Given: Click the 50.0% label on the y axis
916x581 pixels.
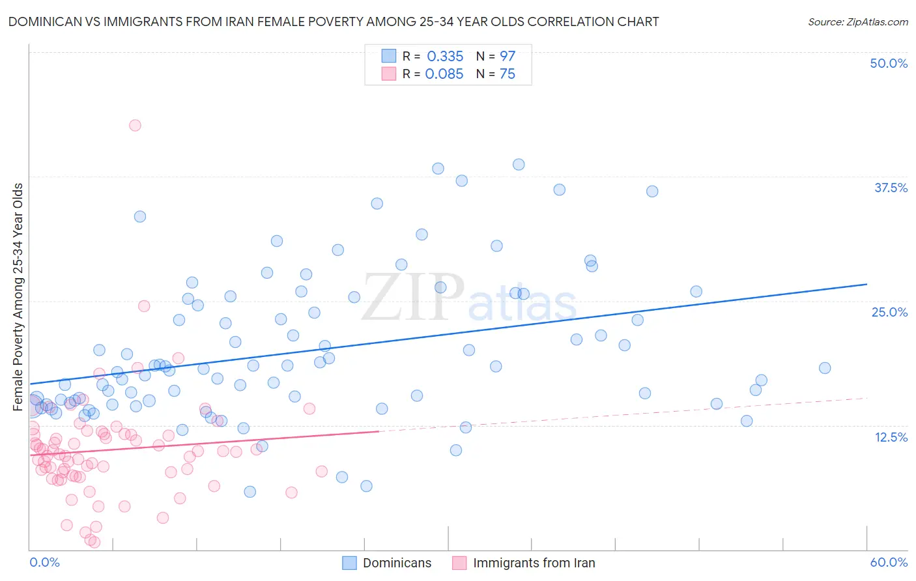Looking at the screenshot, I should pos(888,64).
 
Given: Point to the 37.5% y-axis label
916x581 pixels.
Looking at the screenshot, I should pos(890,188).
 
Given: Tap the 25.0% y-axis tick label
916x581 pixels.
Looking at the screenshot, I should pos(889,313).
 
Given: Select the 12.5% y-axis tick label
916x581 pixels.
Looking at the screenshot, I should pos(891,437).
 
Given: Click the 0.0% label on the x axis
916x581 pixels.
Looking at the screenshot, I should pos(44,562).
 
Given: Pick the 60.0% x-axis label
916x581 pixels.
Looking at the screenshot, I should pos(888,562).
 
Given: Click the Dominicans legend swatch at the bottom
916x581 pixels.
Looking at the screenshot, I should pos(349,563).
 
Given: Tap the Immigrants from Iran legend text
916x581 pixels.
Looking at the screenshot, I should pos(534,563).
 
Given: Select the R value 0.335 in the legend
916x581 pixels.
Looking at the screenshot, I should pos(445,57).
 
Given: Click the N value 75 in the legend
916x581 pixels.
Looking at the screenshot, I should pos(507,74).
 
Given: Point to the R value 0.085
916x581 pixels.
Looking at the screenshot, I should pos(444,74).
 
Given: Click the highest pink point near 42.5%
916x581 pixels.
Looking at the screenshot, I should pos(135,125).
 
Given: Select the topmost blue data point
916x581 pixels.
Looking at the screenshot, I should pos(519,164).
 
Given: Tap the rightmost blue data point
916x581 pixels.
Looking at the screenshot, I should pos(825,368).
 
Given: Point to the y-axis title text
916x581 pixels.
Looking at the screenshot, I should pos(18,297).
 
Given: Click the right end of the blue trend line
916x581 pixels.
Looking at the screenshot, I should pos(866,285).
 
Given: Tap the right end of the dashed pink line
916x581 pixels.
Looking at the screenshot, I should pos(866,398).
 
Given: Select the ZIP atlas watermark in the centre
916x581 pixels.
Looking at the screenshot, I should pos(469,298).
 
